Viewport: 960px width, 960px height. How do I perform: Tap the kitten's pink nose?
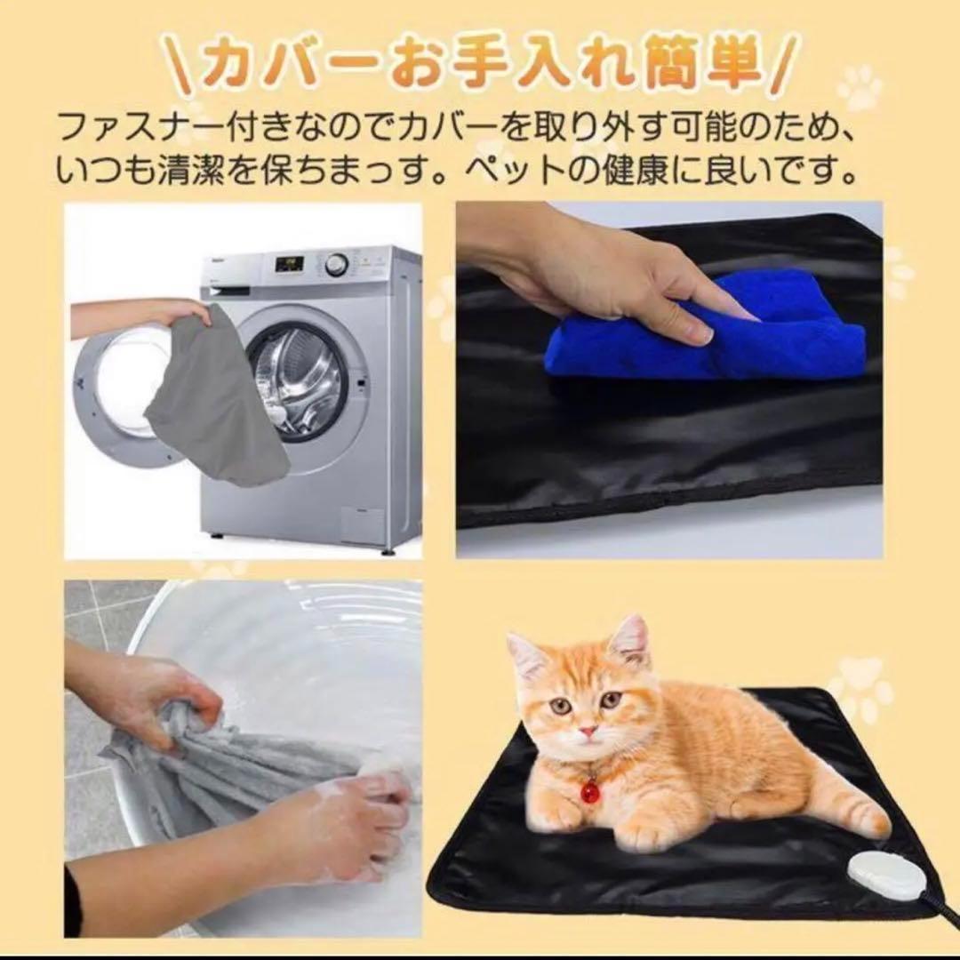point(588,730)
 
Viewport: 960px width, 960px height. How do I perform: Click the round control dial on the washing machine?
point(336,265)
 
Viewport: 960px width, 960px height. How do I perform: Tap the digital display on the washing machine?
point(289,265)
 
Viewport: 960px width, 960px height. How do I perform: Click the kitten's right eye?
point(612,699)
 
